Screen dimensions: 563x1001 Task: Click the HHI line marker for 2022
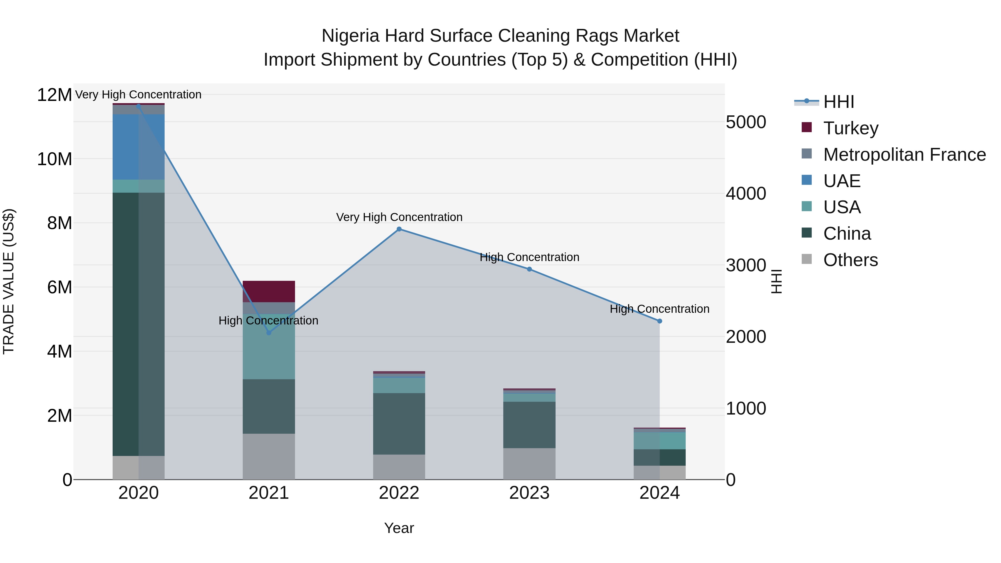pos(399,229)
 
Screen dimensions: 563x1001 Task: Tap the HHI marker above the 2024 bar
pos(660,321)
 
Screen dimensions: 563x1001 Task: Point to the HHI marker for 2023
pos(529,269)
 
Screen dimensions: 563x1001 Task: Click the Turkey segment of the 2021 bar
pos(269,291)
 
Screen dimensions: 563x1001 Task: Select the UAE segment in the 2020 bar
pos(138,147)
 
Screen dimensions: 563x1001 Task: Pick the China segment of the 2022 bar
pos(399,423)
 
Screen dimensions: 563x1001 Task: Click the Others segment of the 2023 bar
pos(529,463)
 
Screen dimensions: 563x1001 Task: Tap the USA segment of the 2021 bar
pos(269,347)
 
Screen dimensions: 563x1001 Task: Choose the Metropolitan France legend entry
pos(904,155)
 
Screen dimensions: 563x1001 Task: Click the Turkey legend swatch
pos(806,127)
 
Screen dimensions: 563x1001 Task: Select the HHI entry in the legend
pos(839,102)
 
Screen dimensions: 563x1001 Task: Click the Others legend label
pos(850,260)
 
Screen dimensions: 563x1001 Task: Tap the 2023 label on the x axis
pos(529,493)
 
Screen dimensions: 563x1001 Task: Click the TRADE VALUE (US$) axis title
pos(9,281)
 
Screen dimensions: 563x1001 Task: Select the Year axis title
pos(399,528)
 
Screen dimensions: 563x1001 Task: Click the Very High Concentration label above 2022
pos(399,217)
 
